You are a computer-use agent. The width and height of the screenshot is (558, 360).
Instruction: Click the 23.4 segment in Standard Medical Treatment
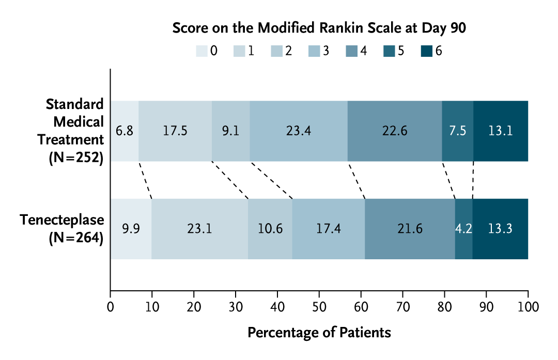pos(299,131)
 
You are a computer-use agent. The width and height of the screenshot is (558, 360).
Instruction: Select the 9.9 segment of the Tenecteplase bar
pos(131,229)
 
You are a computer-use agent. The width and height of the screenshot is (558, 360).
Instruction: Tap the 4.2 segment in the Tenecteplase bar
pos(463,229)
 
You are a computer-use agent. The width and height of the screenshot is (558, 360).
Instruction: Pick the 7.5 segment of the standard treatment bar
pos(458,131)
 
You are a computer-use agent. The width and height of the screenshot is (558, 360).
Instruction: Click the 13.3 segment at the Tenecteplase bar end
pos(500,229)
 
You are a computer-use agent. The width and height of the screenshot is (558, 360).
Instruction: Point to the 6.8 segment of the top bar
pos(125,131)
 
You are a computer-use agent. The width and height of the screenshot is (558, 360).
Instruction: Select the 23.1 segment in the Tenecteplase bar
pos(199,229)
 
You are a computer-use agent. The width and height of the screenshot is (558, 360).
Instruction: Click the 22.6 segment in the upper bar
pos(395,131)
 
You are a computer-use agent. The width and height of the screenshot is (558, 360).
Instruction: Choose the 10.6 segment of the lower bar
pos(270,229)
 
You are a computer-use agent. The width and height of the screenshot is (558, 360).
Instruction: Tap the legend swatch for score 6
pos(426,51)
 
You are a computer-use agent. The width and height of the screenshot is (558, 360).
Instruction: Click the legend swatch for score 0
pos(201,51)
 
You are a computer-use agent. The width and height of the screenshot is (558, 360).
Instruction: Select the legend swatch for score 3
pos(314,51)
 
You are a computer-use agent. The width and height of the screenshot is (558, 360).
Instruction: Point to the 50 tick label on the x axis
pos(319,307)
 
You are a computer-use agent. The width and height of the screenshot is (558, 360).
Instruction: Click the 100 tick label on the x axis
pos(528,307)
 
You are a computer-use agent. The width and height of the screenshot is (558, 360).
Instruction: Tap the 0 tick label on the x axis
pos(110,307)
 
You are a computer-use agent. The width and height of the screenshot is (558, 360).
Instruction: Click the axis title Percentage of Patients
pos(319,332)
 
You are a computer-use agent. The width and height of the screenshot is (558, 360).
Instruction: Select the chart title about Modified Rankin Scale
pos(319,28)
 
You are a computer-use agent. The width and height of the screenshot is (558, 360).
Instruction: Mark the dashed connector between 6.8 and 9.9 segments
pos(145,180)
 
